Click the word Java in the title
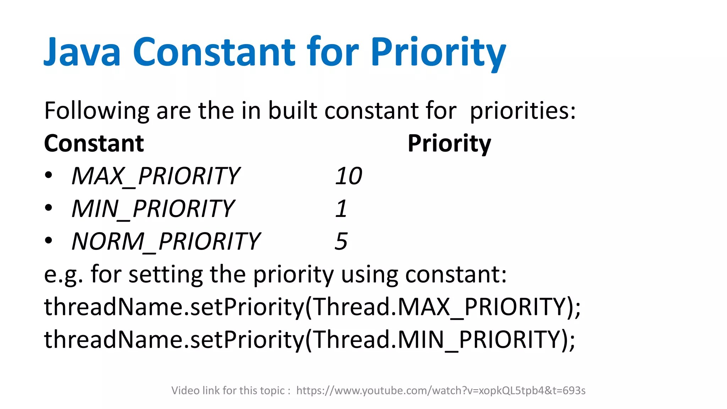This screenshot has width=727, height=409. [82, 52]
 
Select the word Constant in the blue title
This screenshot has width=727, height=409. [214, 52]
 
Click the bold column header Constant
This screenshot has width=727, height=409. [94, 143]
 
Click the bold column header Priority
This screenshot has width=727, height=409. [449, 143]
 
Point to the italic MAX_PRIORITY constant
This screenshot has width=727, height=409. [155, 176]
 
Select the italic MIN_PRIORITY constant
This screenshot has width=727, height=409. [153, 209]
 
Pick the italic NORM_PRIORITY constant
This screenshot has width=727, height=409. [166, 241]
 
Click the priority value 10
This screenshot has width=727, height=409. [348, 176]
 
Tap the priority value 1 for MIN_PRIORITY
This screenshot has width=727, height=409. [341, 209]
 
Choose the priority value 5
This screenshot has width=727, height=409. [341, 241]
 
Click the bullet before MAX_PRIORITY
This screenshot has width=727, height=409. [49, 175]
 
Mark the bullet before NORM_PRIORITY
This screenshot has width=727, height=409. [49, 241]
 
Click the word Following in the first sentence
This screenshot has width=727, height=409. [96, 111]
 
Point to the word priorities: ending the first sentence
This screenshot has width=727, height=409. [523, 111]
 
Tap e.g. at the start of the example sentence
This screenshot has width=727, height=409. [63, 275]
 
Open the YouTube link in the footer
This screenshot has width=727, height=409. [441, 391]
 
